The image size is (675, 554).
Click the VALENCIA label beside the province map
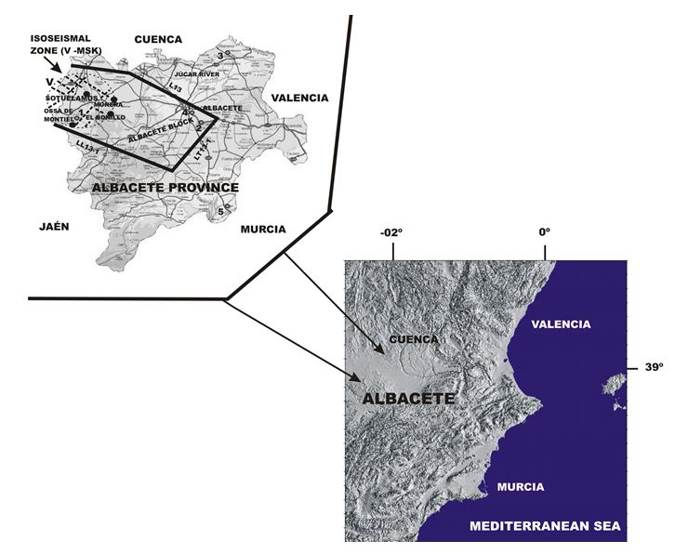[299, 98]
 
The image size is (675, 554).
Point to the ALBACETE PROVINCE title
[165, 188]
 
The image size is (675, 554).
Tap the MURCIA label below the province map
[263, 230]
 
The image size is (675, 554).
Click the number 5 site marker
[220, 212]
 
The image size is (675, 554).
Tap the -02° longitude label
[392, 232]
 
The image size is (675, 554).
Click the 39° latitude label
[654, 367]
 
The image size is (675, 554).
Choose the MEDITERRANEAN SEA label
[546, 526]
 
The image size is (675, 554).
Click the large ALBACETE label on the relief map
[402, 398]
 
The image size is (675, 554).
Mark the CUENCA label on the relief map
[414, 339]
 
